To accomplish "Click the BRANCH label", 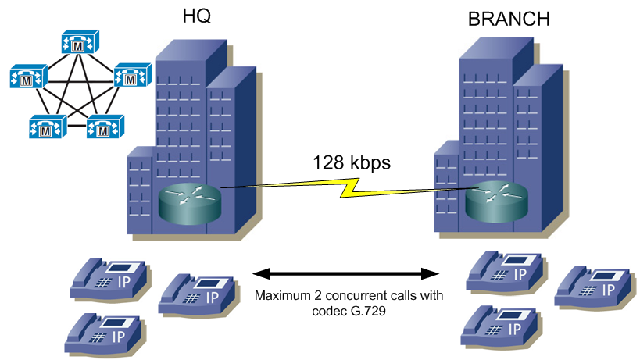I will click(x=509, y=19).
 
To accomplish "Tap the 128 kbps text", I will click(x=351, y=163).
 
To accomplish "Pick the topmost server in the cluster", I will click(x=78, y=44).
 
